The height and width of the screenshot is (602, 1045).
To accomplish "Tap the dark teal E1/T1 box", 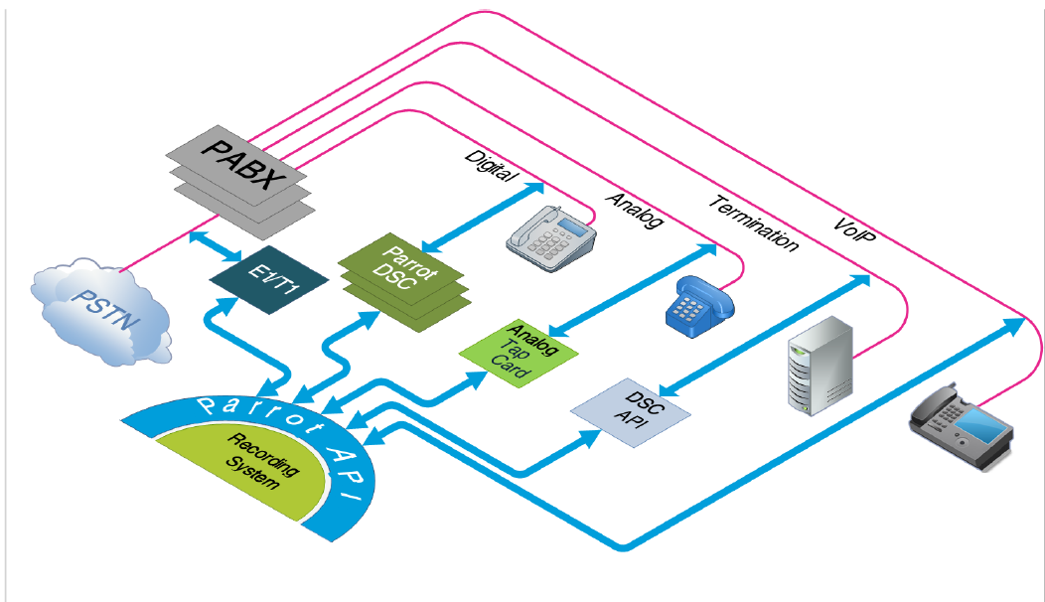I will coord(269,278).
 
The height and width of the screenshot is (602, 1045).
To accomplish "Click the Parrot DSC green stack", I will coord(401,278).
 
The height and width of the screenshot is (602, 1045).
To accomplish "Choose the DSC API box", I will coord(631,408).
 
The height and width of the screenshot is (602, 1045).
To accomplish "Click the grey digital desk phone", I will coord(551,238).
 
